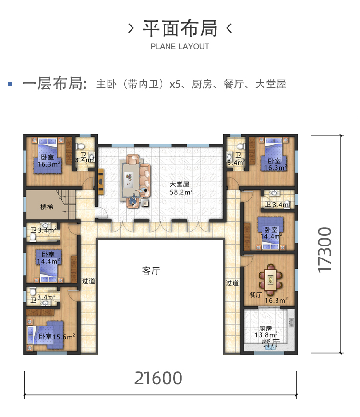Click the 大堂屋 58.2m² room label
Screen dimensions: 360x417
point(181,188)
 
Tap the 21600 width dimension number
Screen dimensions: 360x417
point(158,378)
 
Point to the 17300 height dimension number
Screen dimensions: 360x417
point(325,249)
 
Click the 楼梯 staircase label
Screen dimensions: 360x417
point(47,207)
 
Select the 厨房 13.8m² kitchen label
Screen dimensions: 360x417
point(266,331)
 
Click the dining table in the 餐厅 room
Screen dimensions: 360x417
point(270,280)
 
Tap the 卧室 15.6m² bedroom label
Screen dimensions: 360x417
point(57,337)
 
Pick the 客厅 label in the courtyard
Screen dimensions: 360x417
point(151,271)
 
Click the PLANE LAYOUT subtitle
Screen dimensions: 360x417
point(180,46)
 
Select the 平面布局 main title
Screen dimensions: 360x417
point(180,28)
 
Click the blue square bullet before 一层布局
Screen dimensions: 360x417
point(11,84)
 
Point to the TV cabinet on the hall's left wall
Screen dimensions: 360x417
point(101,181)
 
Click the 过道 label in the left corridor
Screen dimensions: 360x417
point(88,281)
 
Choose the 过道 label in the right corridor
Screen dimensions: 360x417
point(232,282)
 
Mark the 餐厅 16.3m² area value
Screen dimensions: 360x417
point(276,301)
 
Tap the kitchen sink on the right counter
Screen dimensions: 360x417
point(291,322)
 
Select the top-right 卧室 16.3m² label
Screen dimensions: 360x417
point(275,164)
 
